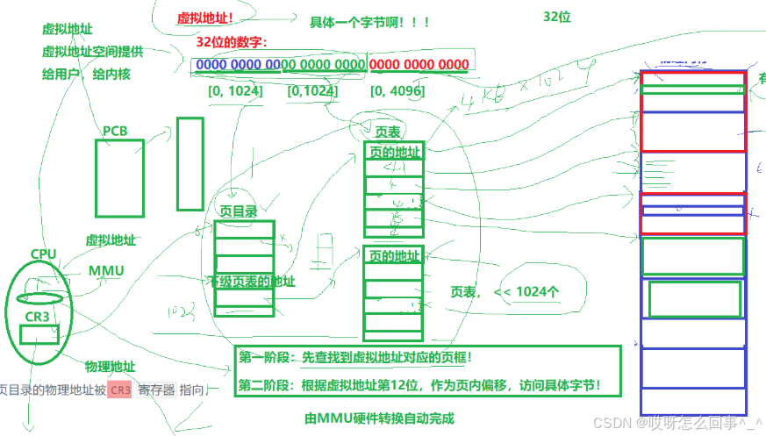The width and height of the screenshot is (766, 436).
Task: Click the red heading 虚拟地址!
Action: click(x=205, y=17)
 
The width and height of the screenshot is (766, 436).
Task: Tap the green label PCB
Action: click(x=115, y=131)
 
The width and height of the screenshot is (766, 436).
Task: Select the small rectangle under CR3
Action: click(x=39, y=334)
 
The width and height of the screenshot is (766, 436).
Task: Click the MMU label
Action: click(x=106, y=270)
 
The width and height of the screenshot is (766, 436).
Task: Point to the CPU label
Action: click(x=43, y=254)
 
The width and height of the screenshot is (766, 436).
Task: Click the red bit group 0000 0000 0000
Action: click(x=419, y=65)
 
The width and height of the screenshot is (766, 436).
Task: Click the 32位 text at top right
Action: click(x=556, y=17)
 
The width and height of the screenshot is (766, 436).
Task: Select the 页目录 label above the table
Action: click(x=238, y=211)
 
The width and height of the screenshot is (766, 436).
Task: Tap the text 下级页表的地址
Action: click(x=251, y=282)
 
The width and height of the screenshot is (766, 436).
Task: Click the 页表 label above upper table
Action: click(x=388, y=132)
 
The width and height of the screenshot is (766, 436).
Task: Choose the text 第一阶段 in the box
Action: click(x=263, y=358)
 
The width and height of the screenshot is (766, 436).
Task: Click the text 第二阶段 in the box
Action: click(x=263, y=385)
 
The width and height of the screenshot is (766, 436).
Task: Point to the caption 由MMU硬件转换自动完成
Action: click(x=380, y=418)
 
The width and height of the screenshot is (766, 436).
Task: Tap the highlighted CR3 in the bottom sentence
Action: click(x=120, y=390)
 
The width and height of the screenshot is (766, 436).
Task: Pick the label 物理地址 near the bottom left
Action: click(x=110, y=365)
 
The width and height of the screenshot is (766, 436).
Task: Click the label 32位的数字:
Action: click(x=232, y=42)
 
